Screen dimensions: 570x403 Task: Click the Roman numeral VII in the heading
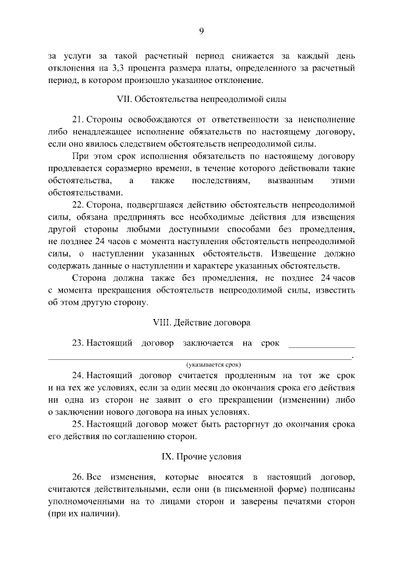125,99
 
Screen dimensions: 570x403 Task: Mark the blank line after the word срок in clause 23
321,345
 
